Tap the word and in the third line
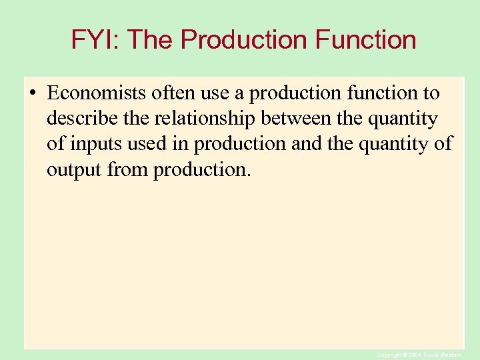(306, 145)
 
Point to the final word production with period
(203, 170)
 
